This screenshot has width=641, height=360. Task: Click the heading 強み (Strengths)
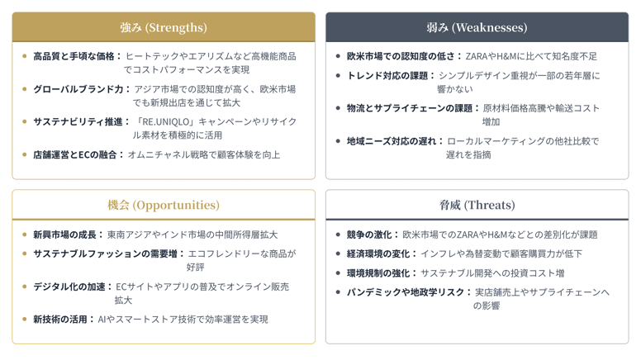pos(164,27)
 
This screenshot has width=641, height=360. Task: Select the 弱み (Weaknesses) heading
pos(477,27)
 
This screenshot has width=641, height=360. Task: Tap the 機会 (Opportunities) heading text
pos(164,205)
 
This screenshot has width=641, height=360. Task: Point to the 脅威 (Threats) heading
pos(477,205)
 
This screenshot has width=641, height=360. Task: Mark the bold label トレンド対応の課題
pos(387,75)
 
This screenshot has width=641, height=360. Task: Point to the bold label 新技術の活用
pos(60,319)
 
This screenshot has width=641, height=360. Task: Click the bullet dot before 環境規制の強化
pos(339,272)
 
